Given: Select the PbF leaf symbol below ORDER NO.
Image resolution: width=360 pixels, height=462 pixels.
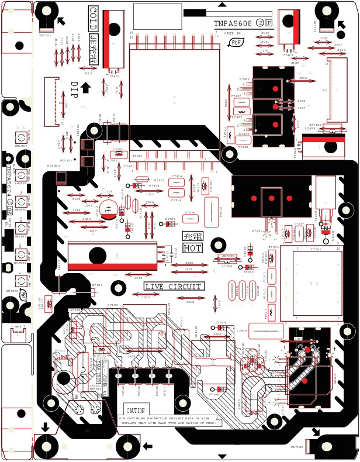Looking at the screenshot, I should pyautogui.click(x=236, y=42).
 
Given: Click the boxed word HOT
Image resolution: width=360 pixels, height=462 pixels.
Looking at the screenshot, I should pyautogui.click(x=192, y=248).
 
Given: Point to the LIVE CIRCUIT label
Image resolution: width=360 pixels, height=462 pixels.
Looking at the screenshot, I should pyautogui.click(x=174, y=287).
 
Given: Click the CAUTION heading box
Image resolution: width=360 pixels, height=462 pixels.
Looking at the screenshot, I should pyautogui.click(x=136, y=411).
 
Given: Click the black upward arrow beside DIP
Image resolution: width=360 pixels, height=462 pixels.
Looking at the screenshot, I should pyautogui.click(x=85, y=88).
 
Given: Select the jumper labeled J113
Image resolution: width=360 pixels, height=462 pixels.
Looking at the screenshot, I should pyautogui.click(x=88, y=74).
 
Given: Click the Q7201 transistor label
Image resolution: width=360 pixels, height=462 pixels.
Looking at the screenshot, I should pyautogui.click(x=257, y=231).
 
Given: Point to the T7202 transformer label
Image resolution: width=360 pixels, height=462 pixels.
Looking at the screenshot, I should pyautogui.click(x=316, y=250).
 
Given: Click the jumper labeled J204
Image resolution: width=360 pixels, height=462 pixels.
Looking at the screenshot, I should pyautogui.click(x=303, y=78).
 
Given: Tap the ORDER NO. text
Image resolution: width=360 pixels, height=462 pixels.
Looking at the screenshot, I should pyautogui.click(x=233, y=34).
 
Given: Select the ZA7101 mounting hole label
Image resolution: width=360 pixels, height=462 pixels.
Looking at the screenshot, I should pyautogui.click(x=45, y=36).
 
